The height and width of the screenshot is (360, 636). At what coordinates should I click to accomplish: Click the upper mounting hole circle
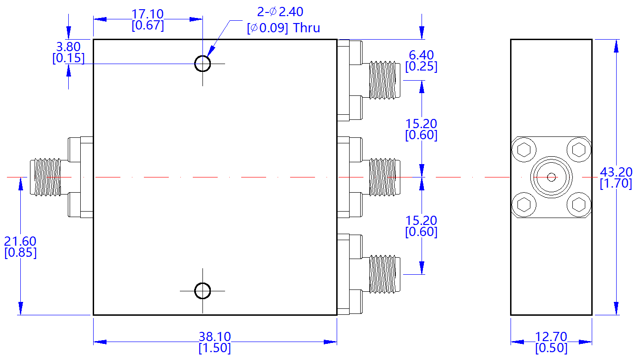[202, 64]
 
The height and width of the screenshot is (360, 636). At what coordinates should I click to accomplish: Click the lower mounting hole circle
[202, 291]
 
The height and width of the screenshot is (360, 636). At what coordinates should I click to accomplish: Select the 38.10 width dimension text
[214, 337]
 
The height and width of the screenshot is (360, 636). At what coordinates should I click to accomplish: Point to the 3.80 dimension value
[68, 47]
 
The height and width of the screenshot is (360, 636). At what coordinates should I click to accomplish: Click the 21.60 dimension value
[20, 241]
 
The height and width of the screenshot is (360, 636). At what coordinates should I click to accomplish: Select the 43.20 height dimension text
[616, 172]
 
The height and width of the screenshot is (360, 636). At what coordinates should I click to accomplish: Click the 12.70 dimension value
[551, 337]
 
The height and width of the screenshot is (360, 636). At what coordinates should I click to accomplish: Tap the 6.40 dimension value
[421, 55]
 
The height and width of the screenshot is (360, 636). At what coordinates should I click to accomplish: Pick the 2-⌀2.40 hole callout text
[280, 12]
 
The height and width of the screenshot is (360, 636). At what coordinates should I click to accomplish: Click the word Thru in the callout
[307, 28]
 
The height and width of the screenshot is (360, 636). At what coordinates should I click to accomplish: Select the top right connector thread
[384, 80]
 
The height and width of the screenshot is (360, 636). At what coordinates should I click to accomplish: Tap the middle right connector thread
[384, 177]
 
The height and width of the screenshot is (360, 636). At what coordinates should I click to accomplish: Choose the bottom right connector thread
[384, 274]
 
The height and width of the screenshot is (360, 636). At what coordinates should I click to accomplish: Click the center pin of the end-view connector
[551, 177]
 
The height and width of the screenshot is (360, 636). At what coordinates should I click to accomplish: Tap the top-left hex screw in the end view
[524, 150]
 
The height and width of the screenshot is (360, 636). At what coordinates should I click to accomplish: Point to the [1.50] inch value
[214, 348]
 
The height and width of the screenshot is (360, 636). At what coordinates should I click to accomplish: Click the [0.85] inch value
[20, 253]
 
